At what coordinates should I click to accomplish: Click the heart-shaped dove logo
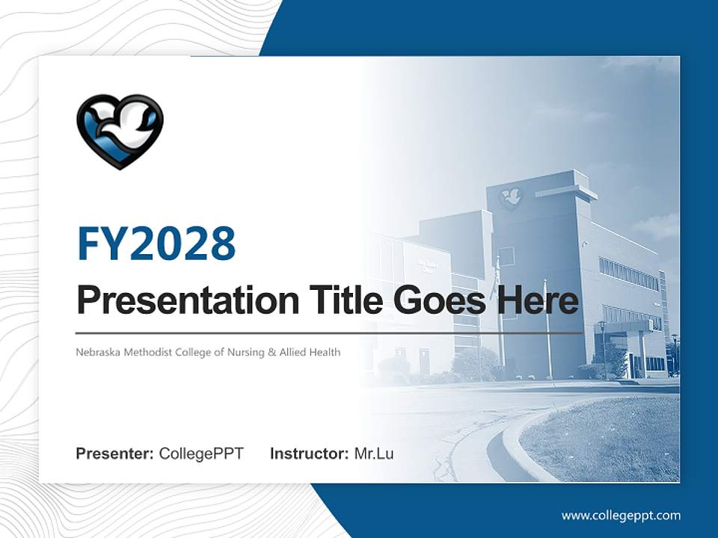[120, 131]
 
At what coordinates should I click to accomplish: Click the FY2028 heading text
[156, 244]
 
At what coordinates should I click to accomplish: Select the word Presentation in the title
[177, 300]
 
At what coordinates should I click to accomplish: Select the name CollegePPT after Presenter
[201, 454]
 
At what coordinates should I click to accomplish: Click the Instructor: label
[309, 454]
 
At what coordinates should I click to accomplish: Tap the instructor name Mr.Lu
[374, 454]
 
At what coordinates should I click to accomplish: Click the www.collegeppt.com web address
[621, 516]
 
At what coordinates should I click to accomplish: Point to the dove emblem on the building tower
[511, 197]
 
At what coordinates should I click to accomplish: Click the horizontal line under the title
[329, 333]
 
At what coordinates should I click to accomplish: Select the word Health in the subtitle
[325, 352]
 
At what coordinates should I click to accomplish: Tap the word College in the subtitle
[197, 352]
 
